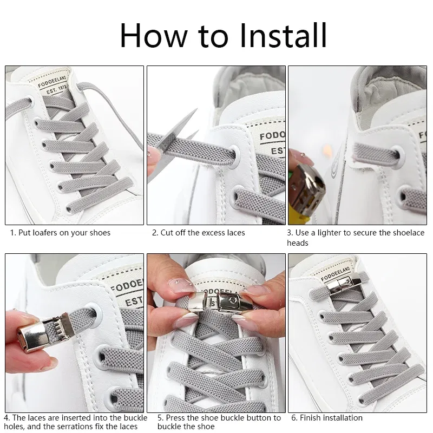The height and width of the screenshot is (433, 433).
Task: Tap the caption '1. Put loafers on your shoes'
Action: pos(60,233)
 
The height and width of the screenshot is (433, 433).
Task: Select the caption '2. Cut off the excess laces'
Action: pos(198,233)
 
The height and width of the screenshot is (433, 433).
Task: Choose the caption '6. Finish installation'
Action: pos(327,418)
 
